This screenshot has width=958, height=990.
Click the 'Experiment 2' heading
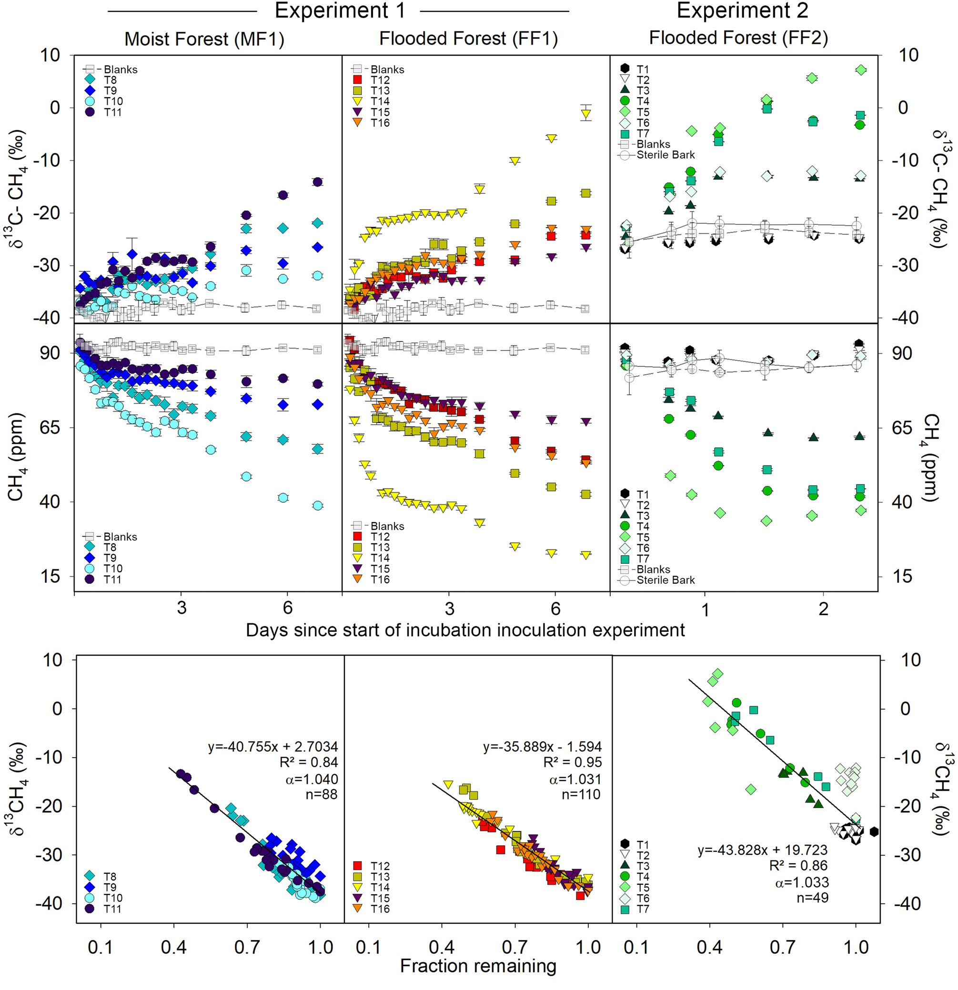742,10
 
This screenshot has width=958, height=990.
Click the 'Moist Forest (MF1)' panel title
204,39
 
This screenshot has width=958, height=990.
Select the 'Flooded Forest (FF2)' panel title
738,38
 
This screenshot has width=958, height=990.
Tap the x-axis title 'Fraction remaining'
478,966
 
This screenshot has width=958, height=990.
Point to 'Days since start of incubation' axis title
465,630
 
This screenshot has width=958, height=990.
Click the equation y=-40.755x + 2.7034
273,747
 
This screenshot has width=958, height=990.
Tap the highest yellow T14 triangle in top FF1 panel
585,114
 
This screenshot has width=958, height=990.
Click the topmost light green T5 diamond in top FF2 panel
861,70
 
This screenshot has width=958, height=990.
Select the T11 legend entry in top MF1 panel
103,112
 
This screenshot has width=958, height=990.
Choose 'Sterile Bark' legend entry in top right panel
657,155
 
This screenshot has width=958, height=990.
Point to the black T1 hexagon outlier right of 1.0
874,831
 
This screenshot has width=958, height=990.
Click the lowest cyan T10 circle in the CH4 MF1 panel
317,506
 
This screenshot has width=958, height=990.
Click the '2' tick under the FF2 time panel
823,609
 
